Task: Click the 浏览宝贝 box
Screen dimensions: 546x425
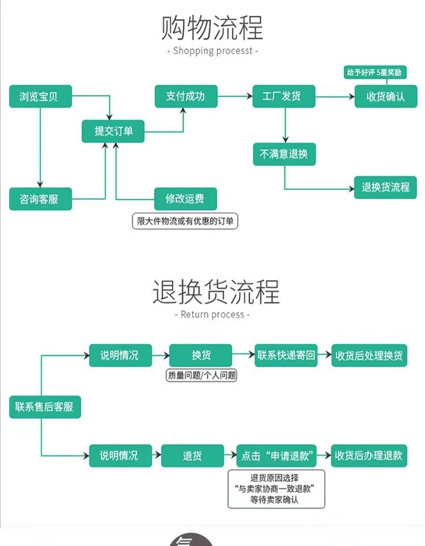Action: (41, 97)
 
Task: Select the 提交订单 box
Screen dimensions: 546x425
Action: (113, 132)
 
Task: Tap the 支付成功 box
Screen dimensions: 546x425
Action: (186, 97)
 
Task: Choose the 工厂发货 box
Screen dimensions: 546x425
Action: (284, 97)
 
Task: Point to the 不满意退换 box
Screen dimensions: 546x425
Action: (284, 154)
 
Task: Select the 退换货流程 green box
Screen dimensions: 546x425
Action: (385, 187)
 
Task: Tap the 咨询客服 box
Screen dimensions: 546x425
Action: (41, 199)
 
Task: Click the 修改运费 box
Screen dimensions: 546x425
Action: (186, 199)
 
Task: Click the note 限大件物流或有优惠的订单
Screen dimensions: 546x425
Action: (185, 221)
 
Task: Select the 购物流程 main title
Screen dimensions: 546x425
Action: (212, 27)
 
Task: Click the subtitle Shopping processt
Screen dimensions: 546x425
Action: (213, 51)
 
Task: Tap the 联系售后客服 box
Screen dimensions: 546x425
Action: (45, 407)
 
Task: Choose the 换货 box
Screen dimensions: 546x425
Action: (201, 355)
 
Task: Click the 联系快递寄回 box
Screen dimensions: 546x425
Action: (286, 355)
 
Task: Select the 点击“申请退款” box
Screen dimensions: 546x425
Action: (276, 455)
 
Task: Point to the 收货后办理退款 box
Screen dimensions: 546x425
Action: (369, 455)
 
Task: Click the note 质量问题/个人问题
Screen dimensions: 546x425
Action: (201, 375)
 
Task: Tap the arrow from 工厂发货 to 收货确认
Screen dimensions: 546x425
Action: (335, 97)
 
